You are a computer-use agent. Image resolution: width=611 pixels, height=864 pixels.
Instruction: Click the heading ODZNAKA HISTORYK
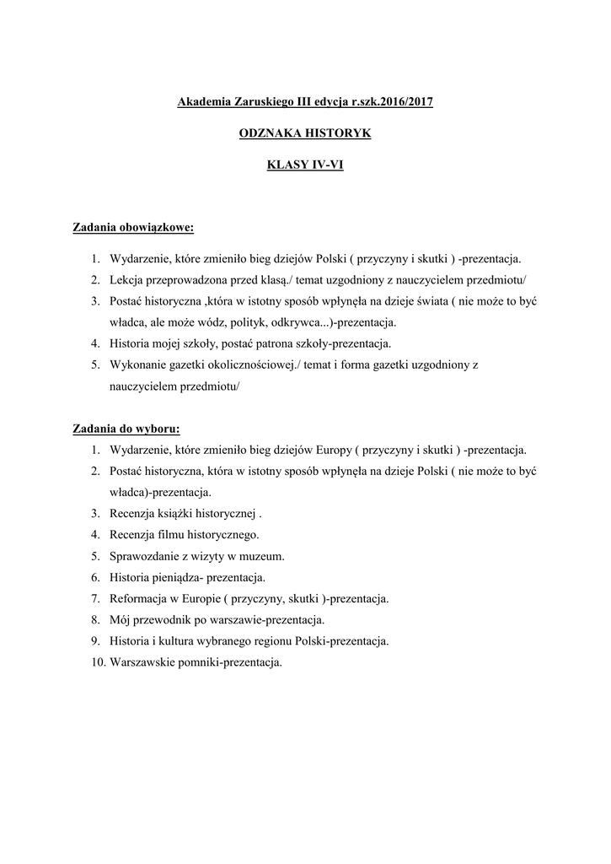tap(305, 133)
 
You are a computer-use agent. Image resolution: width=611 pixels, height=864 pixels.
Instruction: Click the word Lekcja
tap(127, 279)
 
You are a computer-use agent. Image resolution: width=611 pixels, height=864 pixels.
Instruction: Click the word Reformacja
tap(138, 598)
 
